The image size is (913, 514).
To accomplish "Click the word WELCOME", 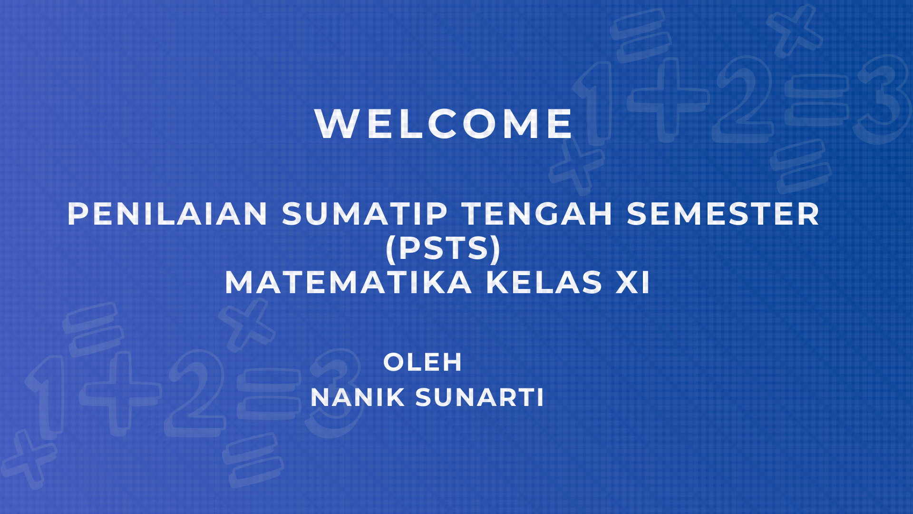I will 444,124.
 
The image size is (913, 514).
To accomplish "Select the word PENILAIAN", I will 168,214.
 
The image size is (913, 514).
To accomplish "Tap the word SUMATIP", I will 365,214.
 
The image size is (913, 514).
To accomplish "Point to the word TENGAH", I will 538,214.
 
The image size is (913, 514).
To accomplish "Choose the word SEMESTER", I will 723,214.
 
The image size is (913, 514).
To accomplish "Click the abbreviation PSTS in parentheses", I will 444,248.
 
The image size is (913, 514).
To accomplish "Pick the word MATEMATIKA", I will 348,283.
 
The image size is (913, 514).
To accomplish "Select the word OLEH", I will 422,363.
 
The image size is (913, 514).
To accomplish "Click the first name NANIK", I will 357,398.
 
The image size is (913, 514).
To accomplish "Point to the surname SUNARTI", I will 480,398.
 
